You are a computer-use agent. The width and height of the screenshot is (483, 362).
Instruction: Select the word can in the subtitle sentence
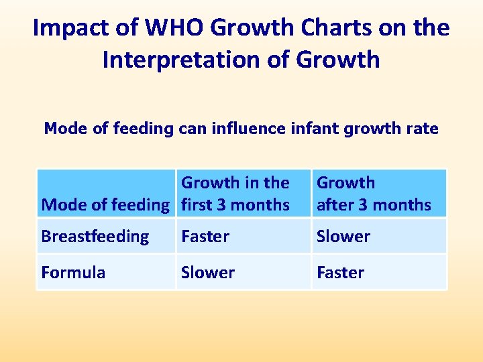(192, 128)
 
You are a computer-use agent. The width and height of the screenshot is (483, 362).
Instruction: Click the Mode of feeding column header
(105, 205)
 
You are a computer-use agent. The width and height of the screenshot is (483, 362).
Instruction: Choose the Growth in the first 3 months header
(235, 194)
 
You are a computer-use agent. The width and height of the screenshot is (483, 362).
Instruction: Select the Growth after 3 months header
(374, 194)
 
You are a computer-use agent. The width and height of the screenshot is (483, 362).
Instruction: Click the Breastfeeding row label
(95, 237)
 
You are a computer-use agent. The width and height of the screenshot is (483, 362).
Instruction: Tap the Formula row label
(73, 273)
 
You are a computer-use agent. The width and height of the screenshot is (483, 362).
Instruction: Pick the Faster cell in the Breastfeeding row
(205, 237)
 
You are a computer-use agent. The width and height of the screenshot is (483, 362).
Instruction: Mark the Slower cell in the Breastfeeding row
(343, 237)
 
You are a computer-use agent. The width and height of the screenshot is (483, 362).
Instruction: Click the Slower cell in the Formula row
(208, 273)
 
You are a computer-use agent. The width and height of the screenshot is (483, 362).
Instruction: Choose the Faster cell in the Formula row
(341, 273)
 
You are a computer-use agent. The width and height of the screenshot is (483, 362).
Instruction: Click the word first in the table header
(197, 205)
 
